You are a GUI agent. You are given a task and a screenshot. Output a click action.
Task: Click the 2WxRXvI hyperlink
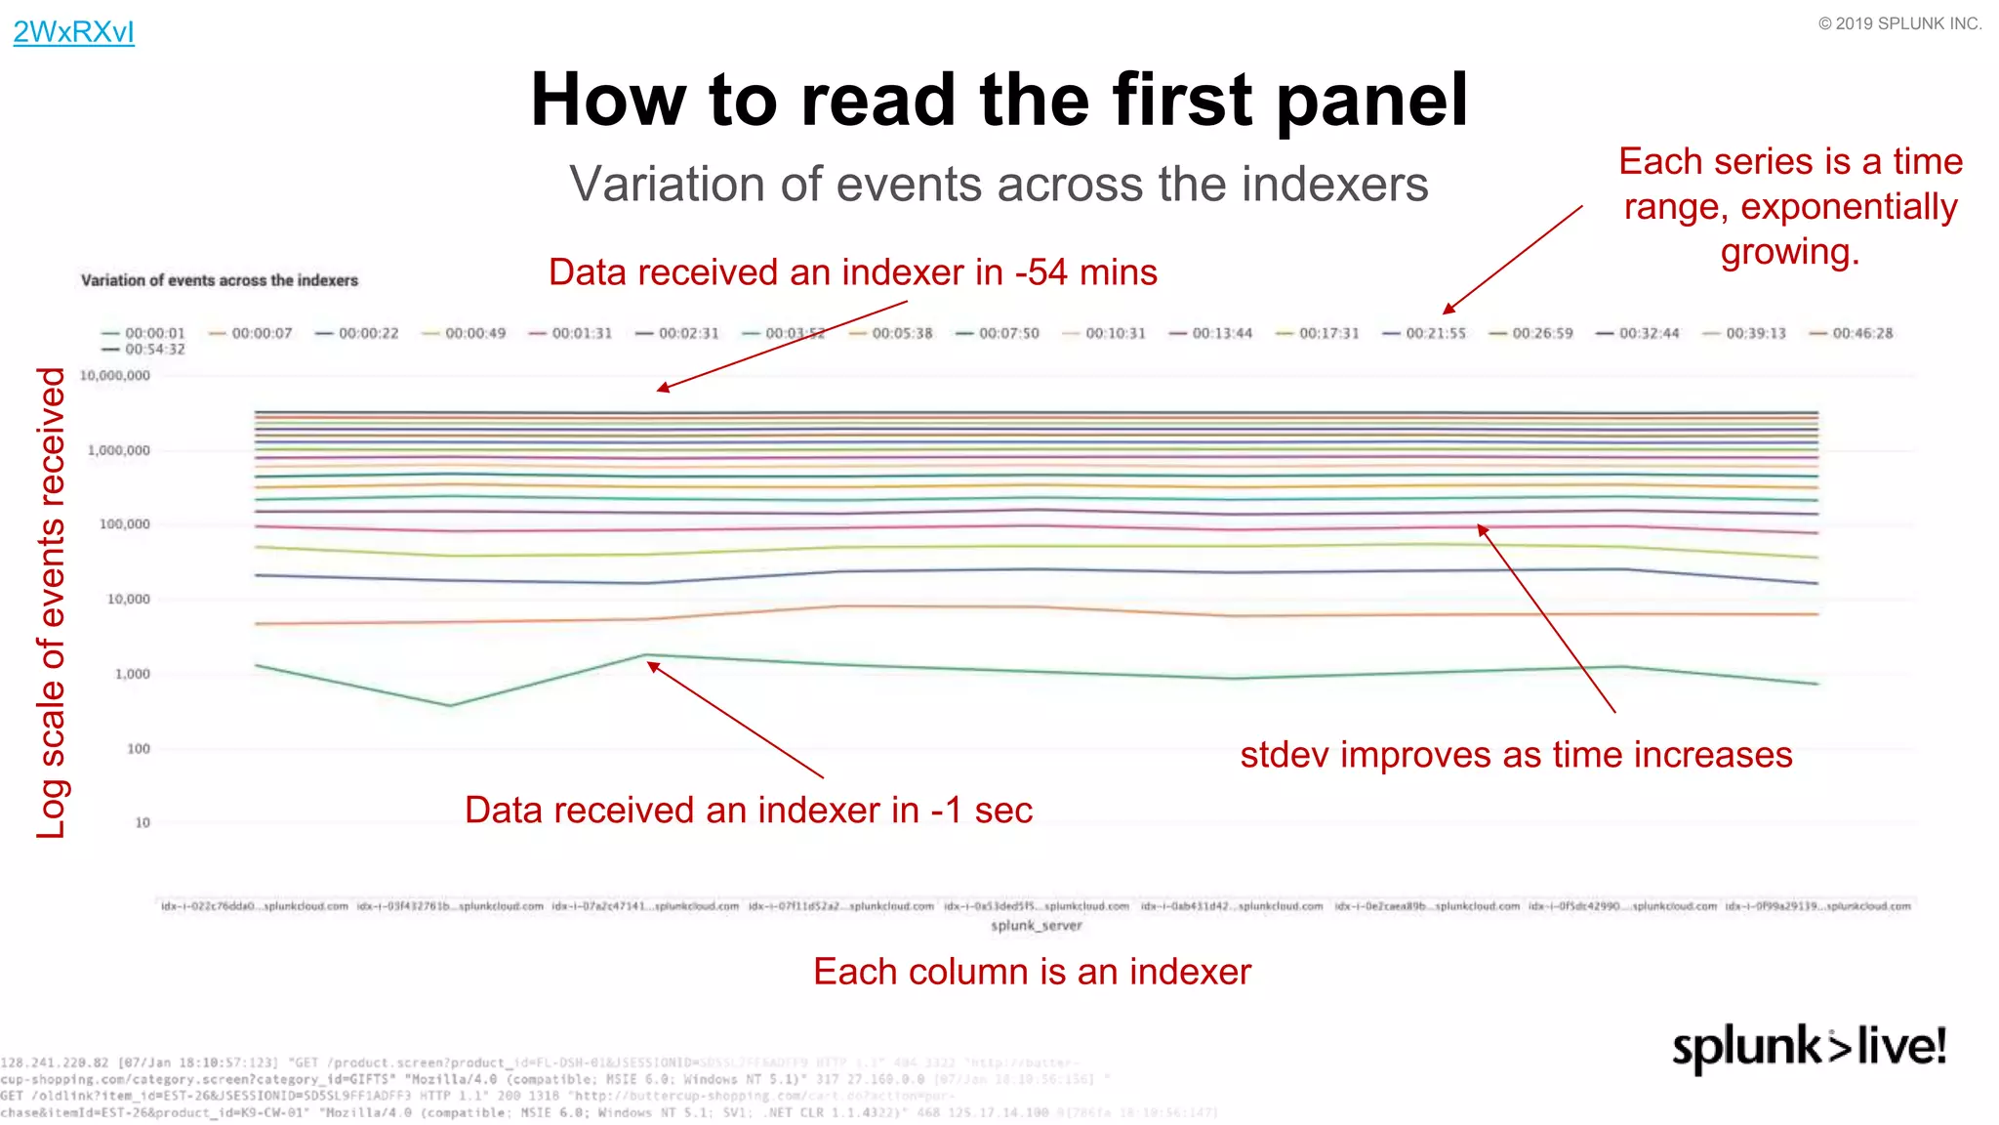(x=73, y=32)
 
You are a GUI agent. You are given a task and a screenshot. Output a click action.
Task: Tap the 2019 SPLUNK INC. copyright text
(x=1899, y=23)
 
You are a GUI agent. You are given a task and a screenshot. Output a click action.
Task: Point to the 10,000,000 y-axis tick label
(x=115, y=376)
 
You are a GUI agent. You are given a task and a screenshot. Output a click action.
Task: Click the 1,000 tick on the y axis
(x=132, y=674)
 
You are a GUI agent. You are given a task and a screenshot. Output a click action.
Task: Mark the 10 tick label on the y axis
(x=143, y=823)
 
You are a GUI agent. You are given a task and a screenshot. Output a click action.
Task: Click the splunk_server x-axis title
(x=1036, y=926)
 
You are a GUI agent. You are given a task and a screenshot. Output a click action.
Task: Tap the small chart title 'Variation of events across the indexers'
(x=220, y=280)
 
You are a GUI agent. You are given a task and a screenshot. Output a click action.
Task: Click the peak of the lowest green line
(x=646, y=655)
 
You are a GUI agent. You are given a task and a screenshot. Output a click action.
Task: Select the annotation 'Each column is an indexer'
(x=1032, y=973)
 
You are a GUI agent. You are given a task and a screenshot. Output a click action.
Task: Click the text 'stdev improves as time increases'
(x=1516, y=756)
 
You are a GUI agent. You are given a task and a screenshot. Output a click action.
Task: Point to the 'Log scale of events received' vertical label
(x=51, y=603)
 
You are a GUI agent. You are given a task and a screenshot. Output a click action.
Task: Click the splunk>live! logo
(x=1809, y=1048)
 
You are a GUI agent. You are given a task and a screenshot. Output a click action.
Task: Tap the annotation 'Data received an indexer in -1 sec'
(x=748, y=811)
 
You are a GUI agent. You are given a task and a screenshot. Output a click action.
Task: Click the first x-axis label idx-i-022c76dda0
(x=255, y=907)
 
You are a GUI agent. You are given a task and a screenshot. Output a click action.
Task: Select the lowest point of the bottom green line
(x=450, y=706)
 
